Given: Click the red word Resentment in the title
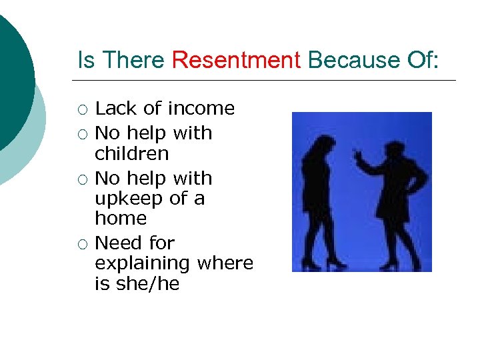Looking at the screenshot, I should pos(236,61).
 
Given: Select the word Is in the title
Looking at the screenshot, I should pos(85,61).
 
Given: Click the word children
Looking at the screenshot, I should pos(131,153).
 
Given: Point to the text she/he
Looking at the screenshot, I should pos(146,283).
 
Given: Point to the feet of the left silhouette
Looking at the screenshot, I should pos(320,264).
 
